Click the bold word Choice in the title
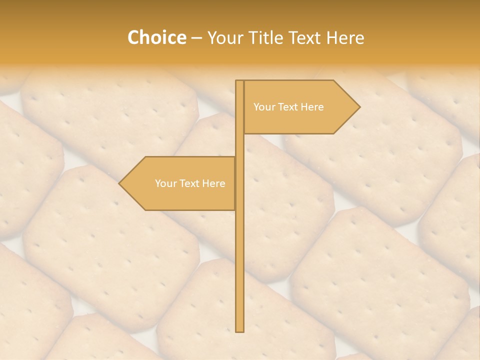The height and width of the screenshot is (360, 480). [156, 37]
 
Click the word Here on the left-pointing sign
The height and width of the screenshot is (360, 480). [213, 183]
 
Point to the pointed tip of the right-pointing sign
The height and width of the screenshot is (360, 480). [359, 106]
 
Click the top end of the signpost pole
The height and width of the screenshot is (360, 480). [239, 81]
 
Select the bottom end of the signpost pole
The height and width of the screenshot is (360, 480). [239, 330]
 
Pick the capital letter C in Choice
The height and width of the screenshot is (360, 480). [133, 37]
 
